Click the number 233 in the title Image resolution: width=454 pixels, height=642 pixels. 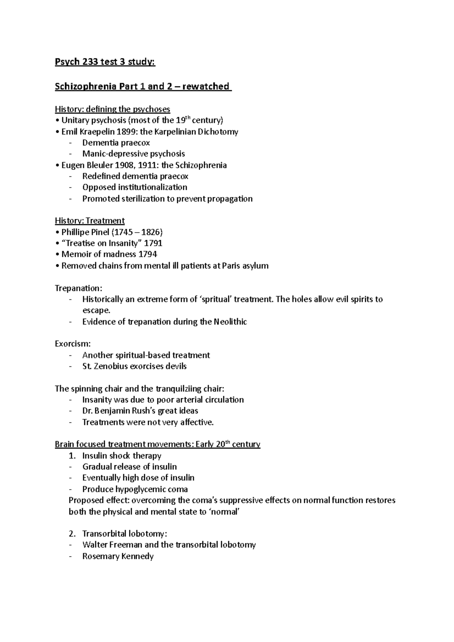pyautogui.click(x=86, y=62)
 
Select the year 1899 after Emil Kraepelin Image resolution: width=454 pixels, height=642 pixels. pyautogui.click(x=127, y=132)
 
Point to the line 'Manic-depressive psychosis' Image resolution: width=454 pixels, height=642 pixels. pyautogui.click(x=134, y=154)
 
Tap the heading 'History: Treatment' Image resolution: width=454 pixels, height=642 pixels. pyautogui.click(x=90, y=221)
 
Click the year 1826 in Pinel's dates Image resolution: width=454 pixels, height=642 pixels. pyautogui.click(x=149, y=232)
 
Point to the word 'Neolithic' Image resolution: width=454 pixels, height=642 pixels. pyautogui.click(x=230, y=322)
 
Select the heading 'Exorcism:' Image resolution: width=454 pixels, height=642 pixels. pyautogui.click(x=73, y=344)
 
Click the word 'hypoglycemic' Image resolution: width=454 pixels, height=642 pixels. pyautogui.click(x=146, y=489)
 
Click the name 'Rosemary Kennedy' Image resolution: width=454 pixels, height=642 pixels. pyautogui.click(x=118, y=557)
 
